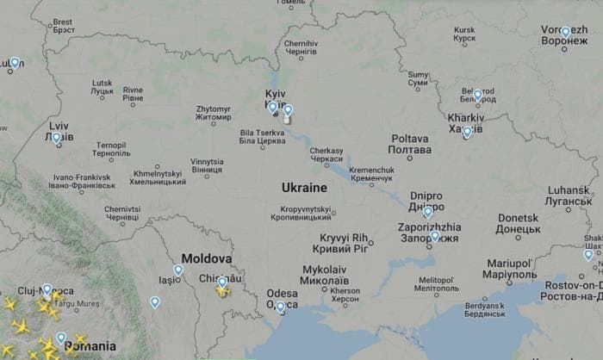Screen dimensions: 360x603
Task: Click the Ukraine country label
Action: click(x=304, y=187)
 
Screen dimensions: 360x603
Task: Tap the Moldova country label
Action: click(x=207, y=258)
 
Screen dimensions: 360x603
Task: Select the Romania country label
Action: click(x=90, y=345)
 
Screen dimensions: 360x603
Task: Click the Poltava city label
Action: click(x=409, y=143)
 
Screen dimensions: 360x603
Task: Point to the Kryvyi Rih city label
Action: click(x=344, y=242)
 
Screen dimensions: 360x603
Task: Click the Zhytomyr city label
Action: click(x=213, y=113)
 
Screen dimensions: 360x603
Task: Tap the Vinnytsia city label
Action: click(x=207, y=165)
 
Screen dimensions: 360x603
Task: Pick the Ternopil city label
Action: click(x=111, y=149)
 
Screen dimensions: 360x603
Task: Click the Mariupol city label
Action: click(x=510, y=267)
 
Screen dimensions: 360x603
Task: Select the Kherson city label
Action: click(x=345, y=295)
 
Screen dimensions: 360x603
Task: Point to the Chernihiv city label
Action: click(x=301, y=47)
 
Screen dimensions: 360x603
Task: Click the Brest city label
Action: click(x=63, y=25)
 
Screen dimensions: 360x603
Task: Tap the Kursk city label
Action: click(x=464, y=34)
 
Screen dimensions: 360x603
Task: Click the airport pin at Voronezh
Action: click(x=565, y=33)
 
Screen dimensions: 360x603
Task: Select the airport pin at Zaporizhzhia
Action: click(x=434, y=236)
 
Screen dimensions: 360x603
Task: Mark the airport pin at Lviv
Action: click(x=57, y=137)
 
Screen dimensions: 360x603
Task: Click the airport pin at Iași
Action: click(x=178, y=270)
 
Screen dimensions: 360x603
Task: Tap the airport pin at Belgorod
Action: click(x=477, y=95)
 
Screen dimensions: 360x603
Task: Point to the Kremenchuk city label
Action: click(x=371, y=176)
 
